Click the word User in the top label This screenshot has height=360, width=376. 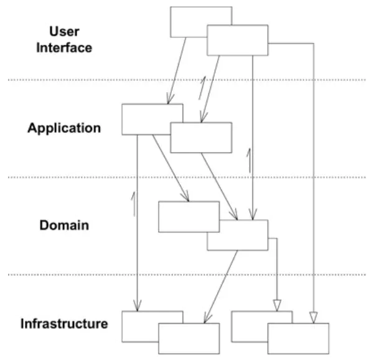64,31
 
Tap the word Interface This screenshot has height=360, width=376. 64,48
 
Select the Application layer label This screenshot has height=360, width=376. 64,128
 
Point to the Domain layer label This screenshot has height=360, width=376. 64,225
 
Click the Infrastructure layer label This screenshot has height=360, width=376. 64,323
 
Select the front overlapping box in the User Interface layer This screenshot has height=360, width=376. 237,40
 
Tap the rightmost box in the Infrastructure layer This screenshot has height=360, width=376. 298,338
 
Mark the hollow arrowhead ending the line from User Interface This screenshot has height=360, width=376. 313,318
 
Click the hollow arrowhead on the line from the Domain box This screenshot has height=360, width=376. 277,305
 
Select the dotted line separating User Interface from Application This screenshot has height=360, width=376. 187,80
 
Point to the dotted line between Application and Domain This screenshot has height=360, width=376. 187,178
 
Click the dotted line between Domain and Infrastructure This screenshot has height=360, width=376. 187,275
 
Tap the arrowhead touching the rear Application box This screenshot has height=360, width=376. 169,99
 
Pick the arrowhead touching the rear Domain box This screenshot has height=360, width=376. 186,196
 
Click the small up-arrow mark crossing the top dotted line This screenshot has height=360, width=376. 202,88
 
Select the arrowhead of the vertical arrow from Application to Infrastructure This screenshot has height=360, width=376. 137,306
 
